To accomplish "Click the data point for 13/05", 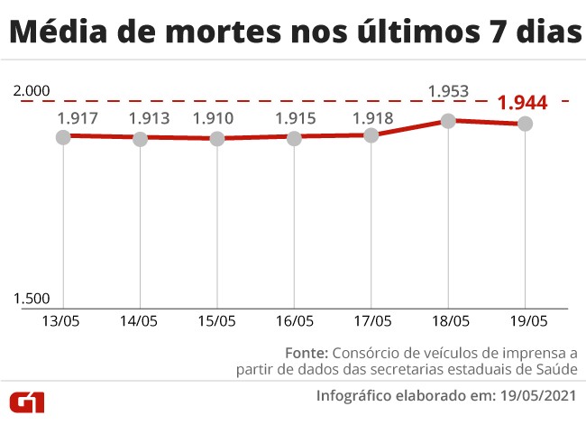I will coord(62,136).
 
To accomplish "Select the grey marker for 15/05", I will coord(216,139).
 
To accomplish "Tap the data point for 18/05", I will coord(448,121).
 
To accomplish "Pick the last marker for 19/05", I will coord(525,124).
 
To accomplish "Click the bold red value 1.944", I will coord(522,102).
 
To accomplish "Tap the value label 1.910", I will coord(213,118).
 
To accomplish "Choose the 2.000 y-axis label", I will coord(33,92).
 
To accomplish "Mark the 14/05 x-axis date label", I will coord(140,320).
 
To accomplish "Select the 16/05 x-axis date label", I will coord(294,320).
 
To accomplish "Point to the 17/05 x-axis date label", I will coord(371,320).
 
